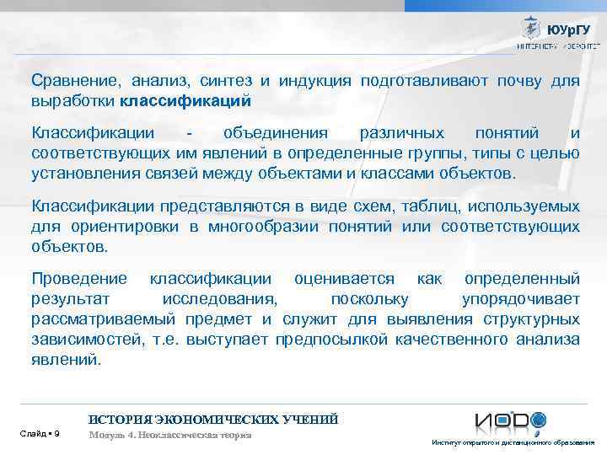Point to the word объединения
coord(261,133)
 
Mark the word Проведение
coord(79,279)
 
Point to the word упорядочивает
coord(521,299)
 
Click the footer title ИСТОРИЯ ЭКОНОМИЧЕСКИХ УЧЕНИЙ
coord(213,419)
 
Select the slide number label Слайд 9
coord(39,434)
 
